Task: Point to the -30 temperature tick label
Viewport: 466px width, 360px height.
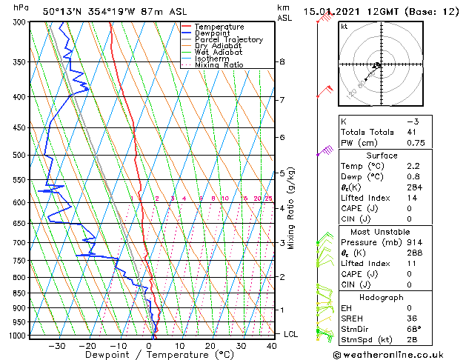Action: [x=56, y=345]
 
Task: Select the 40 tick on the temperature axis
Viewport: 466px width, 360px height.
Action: [x=272, y=345]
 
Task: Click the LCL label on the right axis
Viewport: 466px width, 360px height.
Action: [x=291, y=334]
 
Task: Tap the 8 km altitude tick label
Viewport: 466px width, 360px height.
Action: [x=282, y=61]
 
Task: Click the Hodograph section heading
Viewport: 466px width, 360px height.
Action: [x=382, y=297]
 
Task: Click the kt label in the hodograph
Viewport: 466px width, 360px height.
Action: [x=344, y=27]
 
